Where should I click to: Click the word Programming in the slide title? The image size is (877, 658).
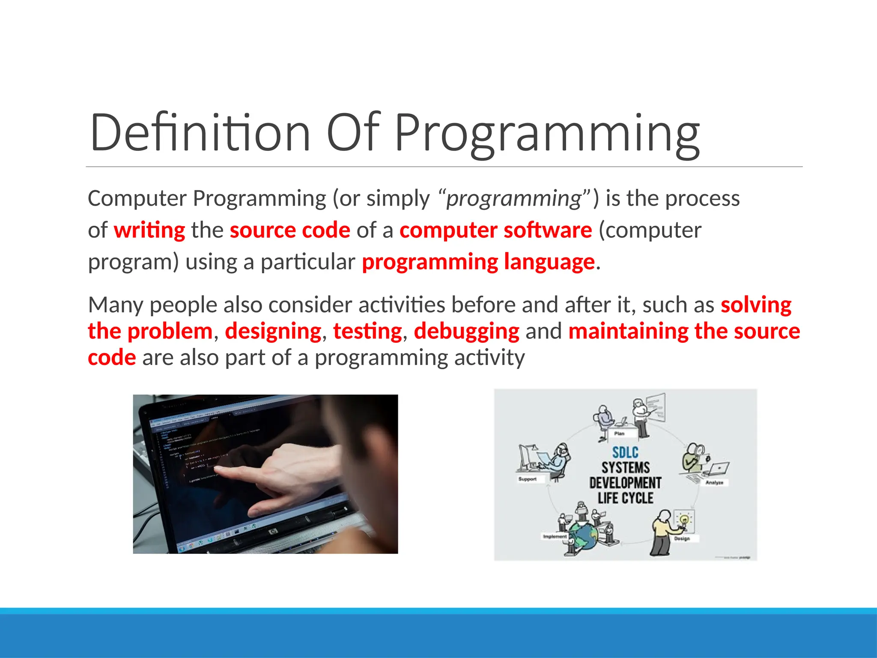[547, 133]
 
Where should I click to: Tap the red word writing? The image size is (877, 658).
[149, 230]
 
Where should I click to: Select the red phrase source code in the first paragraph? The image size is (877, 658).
[290, 230]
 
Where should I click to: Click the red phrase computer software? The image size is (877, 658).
[495, 230]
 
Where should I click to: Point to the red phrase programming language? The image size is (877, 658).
[478, 262]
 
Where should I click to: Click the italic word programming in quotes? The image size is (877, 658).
[513, 198]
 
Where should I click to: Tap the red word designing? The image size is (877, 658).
[273, 331]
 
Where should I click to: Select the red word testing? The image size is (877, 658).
[367, 331]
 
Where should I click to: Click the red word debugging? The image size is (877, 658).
[466, 331]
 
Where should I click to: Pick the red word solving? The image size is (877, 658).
[756, 305]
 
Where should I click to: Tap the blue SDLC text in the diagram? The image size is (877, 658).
[625, 452]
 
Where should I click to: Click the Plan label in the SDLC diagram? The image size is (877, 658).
[619, 434]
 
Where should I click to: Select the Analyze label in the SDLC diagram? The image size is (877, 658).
[714, 482]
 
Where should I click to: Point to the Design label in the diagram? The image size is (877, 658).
[682, 538]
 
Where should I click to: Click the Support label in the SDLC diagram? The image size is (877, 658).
[527, 479]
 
